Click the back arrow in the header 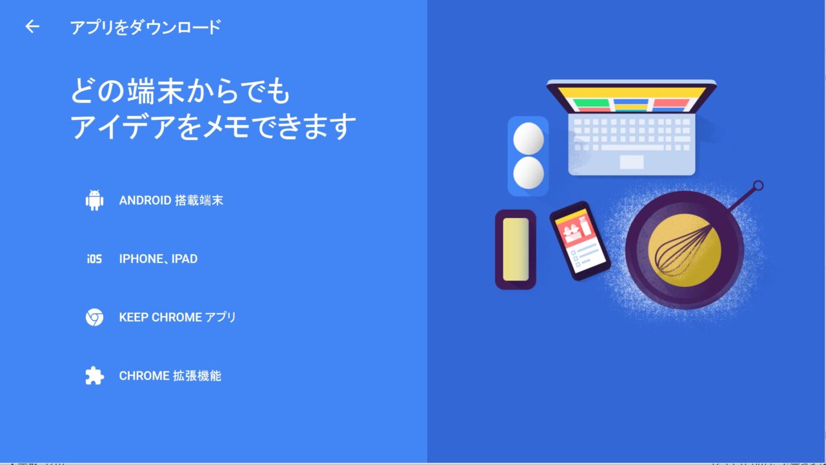32,26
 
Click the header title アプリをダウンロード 146,27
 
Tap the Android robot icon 94,201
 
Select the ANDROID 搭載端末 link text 171,201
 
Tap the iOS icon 94,259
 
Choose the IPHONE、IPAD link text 158,259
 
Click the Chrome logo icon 94,317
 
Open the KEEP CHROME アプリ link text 177,317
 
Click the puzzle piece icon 94,376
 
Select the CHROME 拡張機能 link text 170,376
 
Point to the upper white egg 529,138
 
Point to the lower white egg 529,172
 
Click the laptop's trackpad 632,162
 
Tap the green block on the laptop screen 591,103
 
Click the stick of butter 516,249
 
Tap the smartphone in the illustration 579,241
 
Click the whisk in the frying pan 683,250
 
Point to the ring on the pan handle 758,185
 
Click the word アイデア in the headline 123,126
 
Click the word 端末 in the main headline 156,91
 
